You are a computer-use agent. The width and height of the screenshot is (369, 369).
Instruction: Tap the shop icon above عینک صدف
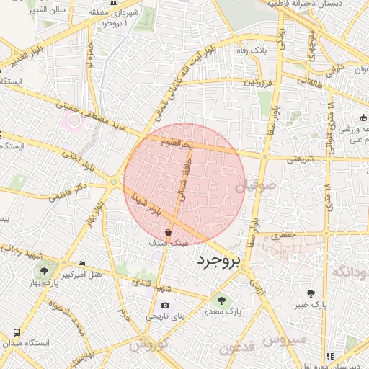tap(169, 233)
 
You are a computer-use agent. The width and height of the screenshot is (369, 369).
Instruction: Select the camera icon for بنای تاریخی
tap(166, 305)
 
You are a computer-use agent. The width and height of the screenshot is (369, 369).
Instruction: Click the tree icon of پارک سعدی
tap(221, 301)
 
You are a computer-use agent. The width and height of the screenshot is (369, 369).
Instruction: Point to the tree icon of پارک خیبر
tap(311, 293)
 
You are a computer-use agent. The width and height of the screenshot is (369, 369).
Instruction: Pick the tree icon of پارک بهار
tap(45, 271)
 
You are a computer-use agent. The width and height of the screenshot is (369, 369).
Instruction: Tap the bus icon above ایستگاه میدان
tap(17, 332)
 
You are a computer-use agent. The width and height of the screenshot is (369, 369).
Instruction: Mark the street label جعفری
tap(287, 234)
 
